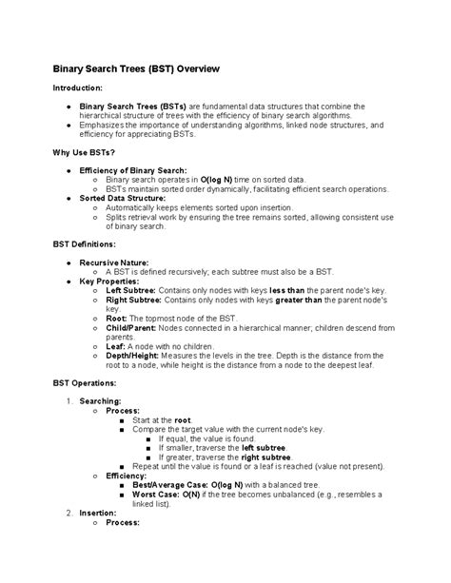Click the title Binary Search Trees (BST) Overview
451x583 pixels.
[x=135, y=69]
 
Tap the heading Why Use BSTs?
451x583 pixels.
[x=85, y=152]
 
